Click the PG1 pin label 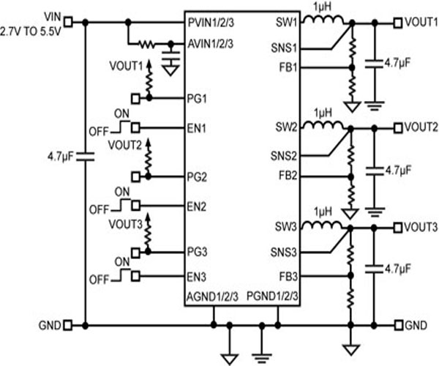point(198,97)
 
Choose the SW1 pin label point(288,23)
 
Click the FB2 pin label point(288,176)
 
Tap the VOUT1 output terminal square point(397,23)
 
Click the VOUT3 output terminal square point(397,226)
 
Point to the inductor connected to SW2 point(320,126)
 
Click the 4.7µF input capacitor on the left point(86,156)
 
